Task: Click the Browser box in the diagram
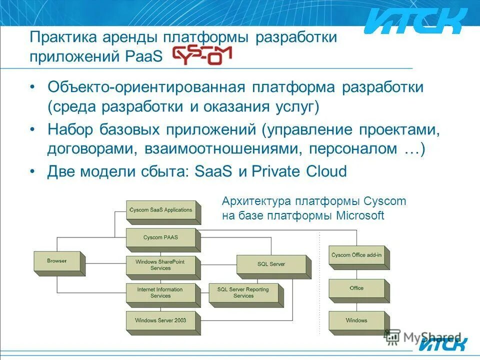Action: (57, 261)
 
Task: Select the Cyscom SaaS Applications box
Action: (160, 210)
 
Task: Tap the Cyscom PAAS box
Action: (160, 237)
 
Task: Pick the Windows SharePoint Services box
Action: (160, 265)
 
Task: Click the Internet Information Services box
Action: (160, 293)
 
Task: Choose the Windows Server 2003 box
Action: (160, 320)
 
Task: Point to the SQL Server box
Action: (270, 264)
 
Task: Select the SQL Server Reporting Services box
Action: (243, 293)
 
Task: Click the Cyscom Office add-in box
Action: (356, 256)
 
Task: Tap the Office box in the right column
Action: (356, 288)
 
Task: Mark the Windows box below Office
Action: (356, 320)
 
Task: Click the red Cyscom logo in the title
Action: (202, 55)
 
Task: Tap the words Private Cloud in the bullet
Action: (299, 171)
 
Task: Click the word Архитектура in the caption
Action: (256, 201)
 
